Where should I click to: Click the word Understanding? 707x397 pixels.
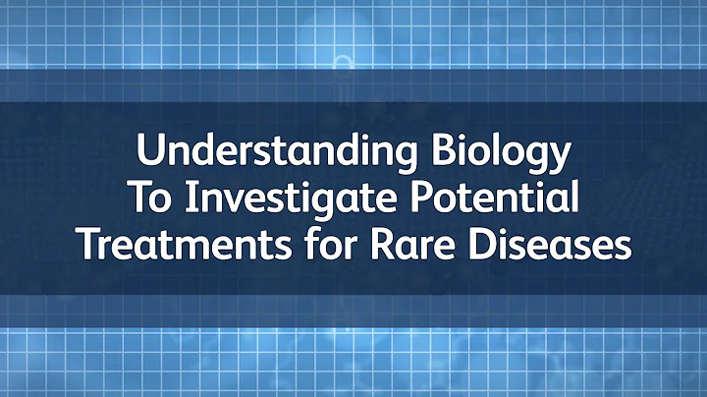click(x=268, y=154)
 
